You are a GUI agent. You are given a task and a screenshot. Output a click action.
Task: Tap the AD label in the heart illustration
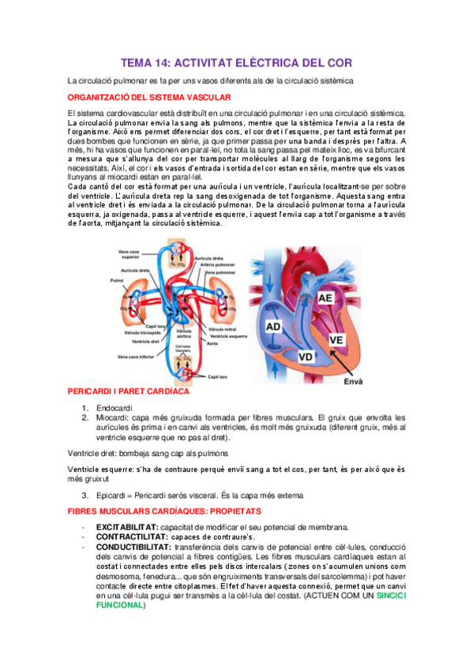click(x=273, y=326)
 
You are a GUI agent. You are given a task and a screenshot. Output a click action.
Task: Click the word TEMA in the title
click(x=139, y=62)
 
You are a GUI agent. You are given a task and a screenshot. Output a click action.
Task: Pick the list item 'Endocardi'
click(x=114, y=407)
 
